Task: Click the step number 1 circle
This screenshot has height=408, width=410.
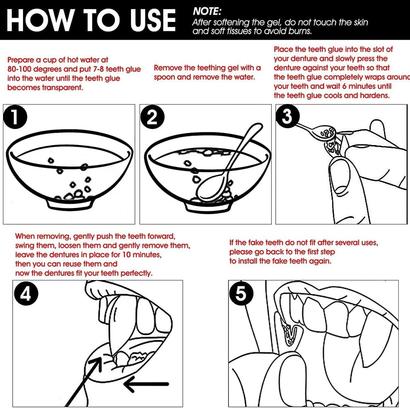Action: coord(15,117)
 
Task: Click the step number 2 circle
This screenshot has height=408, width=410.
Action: coord(152,117)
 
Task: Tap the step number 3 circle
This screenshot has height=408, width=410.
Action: coord(287,116)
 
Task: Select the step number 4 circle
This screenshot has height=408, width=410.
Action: coord(26,294)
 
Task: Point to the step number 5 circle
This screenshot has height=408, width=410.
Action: coord(242,293)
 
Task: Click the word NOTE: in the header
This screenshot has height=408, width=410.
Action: coord(207,12)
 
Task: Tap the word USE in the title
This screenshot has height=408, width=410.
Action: coord(153,20)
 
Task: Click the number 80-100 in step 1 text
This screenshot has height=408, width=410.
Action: coord(19,69)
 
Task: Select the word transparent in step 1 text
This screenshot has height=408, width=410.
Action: coord(62,88)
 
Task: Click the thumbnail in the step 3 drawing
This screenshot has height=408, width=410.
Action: coord(340,179)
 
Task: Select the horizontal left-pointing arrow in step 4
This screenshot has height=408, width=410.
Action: coord(146,384)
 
